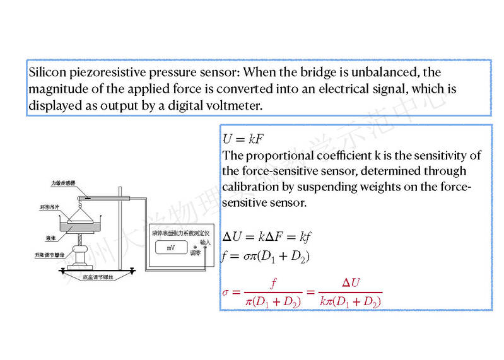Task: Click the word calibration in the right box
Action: [x=247, y=187]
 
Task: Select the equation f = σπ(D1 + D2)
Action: [x=265, y=255]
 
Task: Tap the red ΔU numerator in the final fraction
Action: [x=351, y=282]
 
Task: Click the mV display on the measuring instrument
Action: [x=171, y=248]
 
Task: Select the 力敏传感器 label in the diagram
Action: [x=64, y=183]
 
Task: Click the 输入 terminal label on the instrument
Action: [x=205, y=241]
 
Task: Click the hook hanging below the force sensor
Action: [x=80, y=200]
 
